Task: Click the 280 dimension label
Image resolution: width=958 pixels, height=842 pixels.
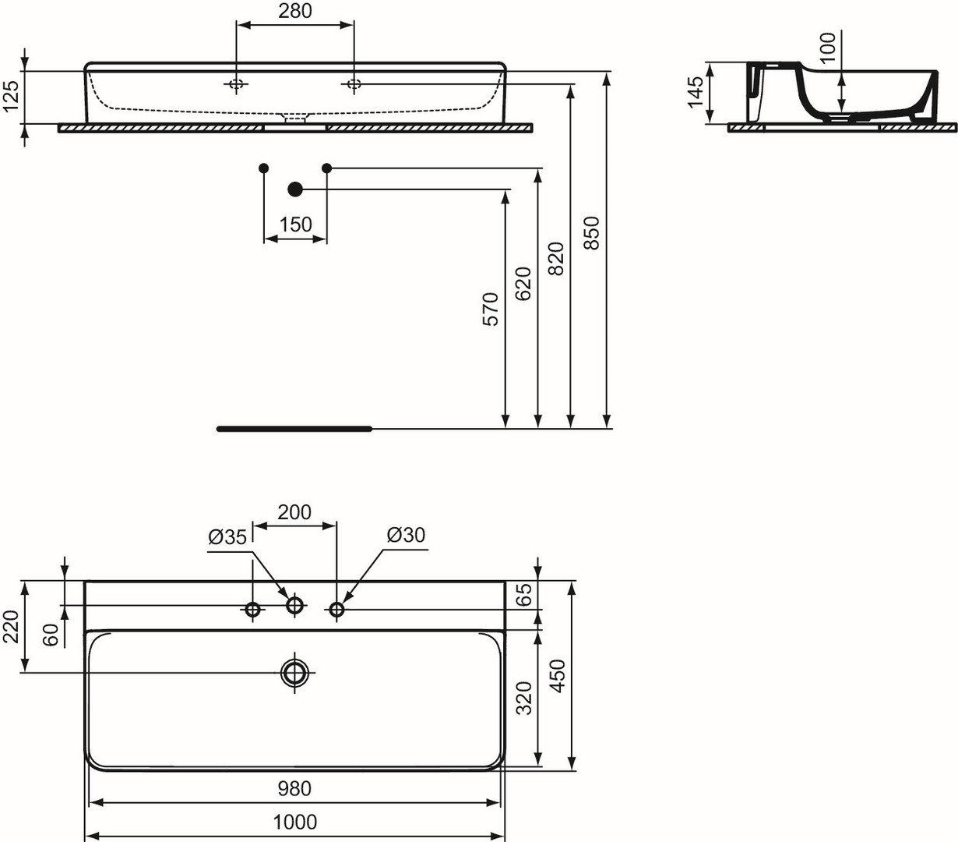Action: [x=294, y=11]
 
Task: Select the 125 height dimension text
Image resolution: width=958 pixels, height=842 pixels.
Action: [x=11, y=96]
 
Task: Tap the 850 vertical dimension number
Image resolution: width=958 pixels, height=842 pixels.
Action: [x=591, y=233]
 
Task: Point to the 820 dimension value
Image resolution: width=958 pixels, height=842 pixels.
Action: [x=557, y=259]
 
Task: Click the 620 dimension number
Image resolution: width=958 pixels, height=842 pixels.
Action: [x=523, y=284]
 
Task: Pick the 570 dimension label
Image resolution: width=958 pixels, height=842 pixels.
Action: [x=491, y=310]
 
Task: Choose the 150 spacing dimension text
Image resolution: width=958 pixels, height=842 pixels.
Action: [x=295, y=225]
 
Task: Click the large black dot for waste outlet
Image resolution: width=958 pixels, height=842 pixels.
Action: [x=295, y=189]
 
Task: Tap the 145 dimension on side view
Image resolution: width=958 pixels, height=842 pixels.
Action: [x=695, y=92]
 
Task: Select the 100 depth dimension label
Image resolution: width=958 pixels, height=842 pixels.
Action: [x=827, y=48]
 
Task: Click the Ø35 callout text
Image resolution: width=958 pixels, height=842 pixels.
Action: [x=227, y=537]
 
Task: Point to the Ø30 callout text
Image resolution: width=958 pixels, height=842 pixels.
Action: [x=407, y=535]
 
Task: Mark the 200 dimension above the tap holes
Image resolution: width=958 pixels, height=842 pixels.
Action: [x=294, y=512]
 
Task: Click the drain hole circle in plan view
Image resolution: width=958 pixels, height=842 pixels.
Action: [x=294, y=672]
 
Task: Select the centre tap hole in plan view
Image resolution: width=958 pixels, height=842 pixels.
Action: [x=294, y=605]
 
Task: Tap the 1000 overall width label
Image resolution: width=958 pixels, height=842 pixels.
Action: [x=295, y=823]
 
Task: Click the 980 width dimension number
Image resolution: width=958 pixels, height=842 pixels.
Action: [x=294, y=788]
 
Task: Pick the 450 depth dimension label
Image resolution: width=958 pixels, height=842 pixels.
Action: [x=558, y=676]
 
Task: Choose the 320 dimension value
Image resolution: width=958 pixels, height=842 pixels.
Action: [x=524, y=698]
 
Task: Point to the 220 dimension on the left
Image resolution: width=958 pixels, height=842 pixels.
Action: [x=11, y=627]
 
